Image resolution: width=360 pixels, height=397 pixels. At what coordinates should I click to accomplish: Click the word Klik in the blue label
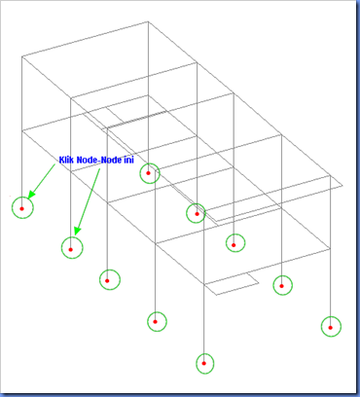click(x=66, y=160)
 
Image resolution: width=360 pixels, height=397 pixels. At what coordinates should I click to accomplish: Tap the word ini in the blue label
click(x=129, y=160)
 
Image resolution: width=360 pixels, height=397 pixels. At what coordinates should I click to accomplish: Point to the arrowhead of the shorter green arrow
click(x=31, y=194)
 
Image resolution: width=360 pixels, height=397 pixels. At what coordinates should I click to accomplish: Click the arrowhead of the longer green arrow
click(x=77, y=231)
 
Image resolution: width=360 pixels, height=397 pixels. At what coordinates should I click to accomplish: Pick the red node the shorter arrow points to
click(x=22, y=208)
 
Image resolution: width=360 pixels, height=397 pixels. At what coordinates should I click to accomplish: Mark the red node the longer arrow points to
click(x=71, y=249)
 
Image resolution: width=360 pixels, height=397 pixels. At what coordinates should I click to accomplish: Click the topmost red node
click(x=149, y=173)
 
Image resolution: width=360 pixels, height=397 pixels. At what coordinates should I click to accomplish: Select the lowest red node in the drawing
click(x=204, y=363)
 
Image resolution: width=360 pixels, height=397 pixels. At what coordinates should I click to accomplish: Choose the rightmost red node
click(x=331, y=328)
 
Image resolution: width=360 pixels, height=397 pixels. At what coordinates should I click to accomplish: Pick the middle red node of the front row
click(x=107, y=280)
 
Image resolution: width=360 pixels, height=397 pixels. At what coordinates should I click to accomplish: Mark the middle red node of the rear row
click(x=234, y=245)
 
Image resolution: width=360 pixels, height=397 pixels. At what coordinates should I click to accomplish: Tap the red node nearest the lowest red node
click(x=155, y=322)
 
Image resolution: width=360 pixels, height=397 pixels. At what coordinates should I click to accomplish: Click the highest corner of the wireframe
click(x=149, y=21)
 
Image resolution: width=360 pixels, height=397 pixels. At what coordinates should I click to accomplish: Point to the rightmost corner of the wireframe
click(x=342, y=186)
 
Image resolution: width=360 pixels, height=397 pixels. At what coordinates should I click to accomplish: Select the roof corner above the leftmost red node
click(x=22, y=56)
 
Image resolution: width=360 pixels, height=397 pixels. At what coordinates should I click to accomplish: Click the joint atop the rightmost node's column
click(x=330, y=175)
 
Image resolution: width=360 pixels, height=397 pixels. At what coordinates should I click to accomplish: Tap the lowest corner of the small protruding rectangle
click(x=217, y=295)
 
